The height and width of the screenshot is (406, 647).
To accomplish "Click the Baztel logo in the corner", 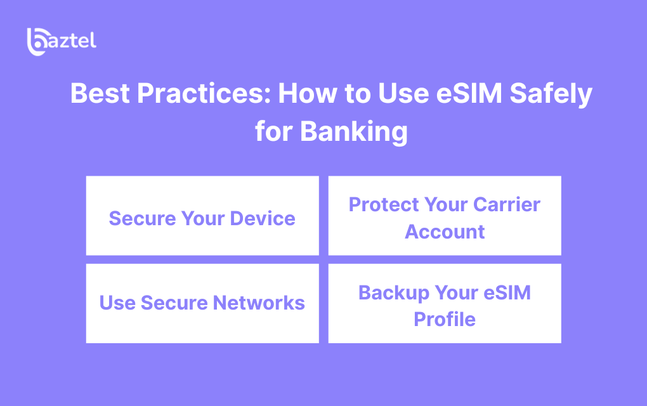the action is (x=62, y=42).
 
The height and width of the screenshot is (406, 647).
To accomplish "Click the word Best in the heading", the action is (x=100, y=93).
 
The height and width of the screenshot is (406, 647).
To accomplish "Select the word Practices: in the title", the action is (x=204, y=93).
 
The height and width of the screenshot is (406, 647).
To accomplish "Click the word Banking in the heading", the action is (x=353, y=132).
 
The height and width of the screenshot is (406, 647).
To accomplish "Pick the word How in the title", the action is (x=308, y=93).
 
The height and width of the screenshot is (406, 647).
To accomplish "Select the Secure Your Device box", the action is (x=202, y=216).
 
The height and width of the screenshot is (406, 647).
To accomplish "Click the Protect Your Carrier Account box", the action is (x=445, y=216).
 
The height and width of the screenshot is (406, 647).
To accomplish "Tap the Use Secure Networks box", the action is (x=202, y=303).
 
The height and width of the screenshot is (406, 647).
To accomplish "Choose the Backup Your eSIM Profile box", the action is (x=445, y=303).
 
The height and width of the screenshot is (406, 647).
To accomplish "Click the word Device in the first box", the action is (x=263, y=219).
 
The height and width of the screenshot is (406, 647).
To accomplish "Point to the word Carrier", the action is (x=507, y=205).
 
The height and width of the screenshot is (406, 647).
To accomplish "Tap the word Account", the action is (x=445, y=232).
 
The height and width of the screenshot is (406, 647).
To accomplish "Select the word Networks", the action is (x=259, y=303).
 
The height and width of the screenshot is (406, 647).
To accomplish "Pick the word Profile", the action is (x=445, y=319).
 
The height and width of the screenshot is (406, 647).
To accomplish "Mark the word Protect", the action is (x=383, y=205).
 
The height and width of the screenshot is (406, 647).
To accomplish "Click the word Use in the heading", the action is (x=403, y=93).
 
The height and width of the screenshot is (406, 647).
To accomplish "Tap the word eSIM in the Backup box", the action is (x=507, y=293).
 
